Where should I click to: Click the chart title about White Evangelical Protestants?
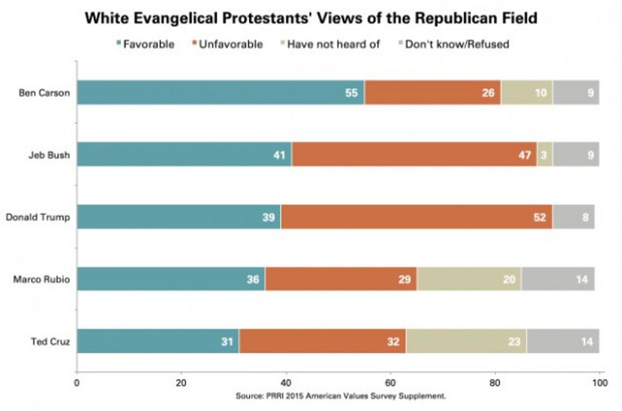pyautogui.click(x=311, y=18)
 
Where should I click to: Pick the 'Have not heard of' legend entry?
pyautogui.click(x=329, y=44)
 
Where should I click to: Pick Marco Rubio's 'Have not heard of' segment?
pyautogui.click(x=469, y=280)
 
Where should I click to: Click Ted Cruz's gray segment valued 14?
pyautogui.click(x=562, y=342)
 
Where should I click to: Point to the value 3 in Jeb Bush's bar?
pyautogui.click(x=545, y=155)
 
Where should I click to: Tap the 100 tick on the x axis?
pyautogui.click(x=599, y=382)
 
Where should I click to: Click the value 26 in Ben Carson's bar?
pyautogui.click(x=487, y=93)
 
